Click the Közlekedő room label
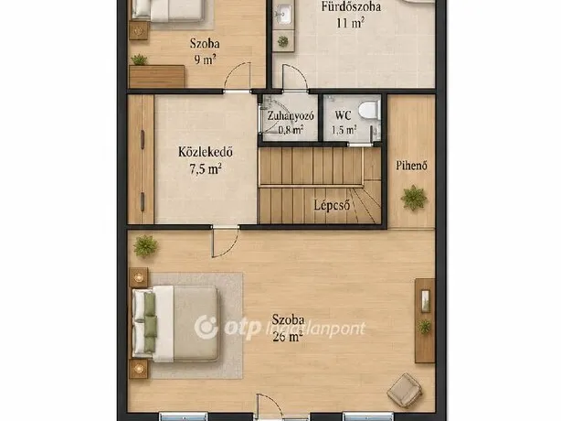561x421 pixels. [x=206, y=152]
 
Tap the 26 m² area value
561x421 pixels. [x=287, y=337]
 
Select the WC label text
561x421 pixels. [x=343, y=115]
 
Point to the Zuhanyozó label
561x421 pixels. [x=291, y=115]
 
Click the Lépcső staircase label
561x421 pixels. [x=332, y=205]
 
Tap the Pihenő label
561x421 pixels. [x=411, y=166]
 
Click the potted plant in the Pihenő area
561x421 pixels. [x=414, y=198]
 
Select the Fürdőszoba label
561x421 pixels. [x=351, y=6]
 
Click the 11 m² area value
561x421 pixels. [x=350, y=23]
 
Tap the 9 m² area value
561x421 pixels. [x=205, y=59]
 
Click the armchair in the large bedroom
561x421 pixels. [x=404, y=390]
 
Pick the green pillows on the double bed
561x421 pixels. [x=150, y=321]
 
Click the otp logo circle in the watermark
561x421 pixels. [x=206, y=327]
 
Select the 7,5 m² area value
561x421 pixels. [x=206, y=168]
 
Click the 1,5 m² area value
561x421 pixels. [x=344, y=130]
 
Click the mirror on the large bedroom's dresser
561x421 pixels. [x=425, y=300]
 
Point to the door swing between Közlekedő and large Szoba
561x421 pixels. [x=225, y=243]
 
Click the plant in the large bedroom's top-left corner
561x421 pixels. [x=145, y=246]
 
